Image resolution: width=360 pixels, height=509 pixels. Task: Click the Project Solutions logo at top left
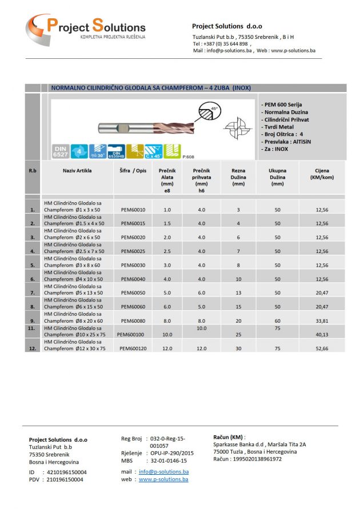point(86,27)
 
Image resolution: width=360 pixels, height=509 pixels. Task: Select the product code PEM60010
point(133,210)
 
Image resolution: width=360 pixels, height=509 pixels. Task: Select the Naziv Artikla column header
point(77,170)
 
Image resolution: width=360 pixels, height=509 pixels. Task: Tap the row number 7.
point(32,293)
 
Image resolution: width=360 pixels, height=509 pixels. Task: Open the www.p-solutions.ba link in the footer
point(163,479)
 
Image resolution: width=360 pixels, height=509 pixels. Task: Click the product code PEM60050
point(133,293)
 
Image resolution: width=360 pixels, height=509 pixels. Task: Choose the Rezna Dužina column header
point(238,173)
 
